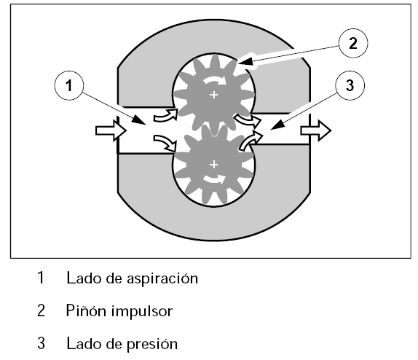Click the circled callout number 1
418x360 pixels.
click(69, 85)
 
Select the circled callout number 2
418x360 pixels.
click(353, 43)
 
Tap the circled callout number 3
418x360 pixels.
click(350, 85)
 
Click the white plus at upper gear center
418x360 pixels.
click(213, 95)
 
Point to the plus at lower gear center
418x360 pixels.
click(213, 165)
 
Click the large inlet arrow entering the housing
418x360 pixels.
click(111, 130)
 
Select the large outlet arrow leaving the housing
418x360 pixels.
click(316, 130)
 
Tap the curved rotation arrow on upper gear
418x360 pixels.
click(216, 79)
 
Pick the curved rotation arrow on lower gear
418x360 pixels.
click(215, 180)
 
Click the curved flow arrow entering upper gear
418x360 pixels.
click(166, 115)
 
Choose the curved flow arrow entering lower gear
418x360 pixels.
click(165, 144)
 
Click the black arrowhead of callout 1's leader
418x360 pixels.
click(139, 120)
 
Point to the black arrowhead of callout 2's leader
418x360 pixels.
click(244, 62)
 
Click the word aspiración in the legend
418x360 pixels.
click(162, 279)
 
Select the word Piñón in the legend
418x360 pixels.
click(86, 310)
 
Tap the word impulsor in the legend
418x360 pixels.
click(142, 312)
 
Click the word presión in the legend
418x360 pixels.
click(152, 344)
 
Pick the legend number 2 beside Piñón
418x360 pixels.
click(41, 310)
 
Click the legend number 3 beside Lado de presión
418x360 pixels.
click(41, 343)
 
